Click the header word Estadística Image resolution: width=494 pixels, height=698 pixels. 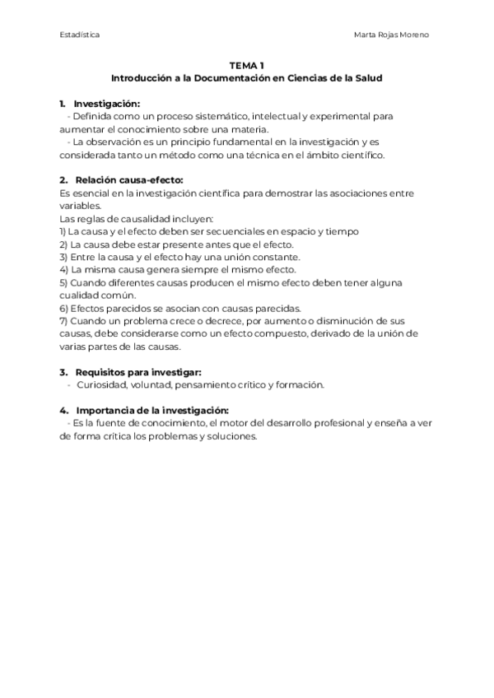[80, 35]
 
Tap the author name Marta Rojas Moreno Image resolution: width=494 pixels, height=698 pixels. [390, 35]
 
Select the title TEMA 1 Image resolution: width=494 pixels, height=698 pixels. [247, 67]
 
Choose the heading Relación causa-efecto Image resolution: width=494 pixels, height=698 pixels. [128, 180]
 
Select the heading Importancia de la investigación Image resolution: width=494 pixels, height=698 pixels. [151, 411]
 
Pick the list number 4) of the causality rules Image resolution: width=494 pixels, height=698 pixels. [64, 270]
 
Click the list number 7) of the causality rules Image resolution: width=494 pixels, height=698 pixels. [64, 321]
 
